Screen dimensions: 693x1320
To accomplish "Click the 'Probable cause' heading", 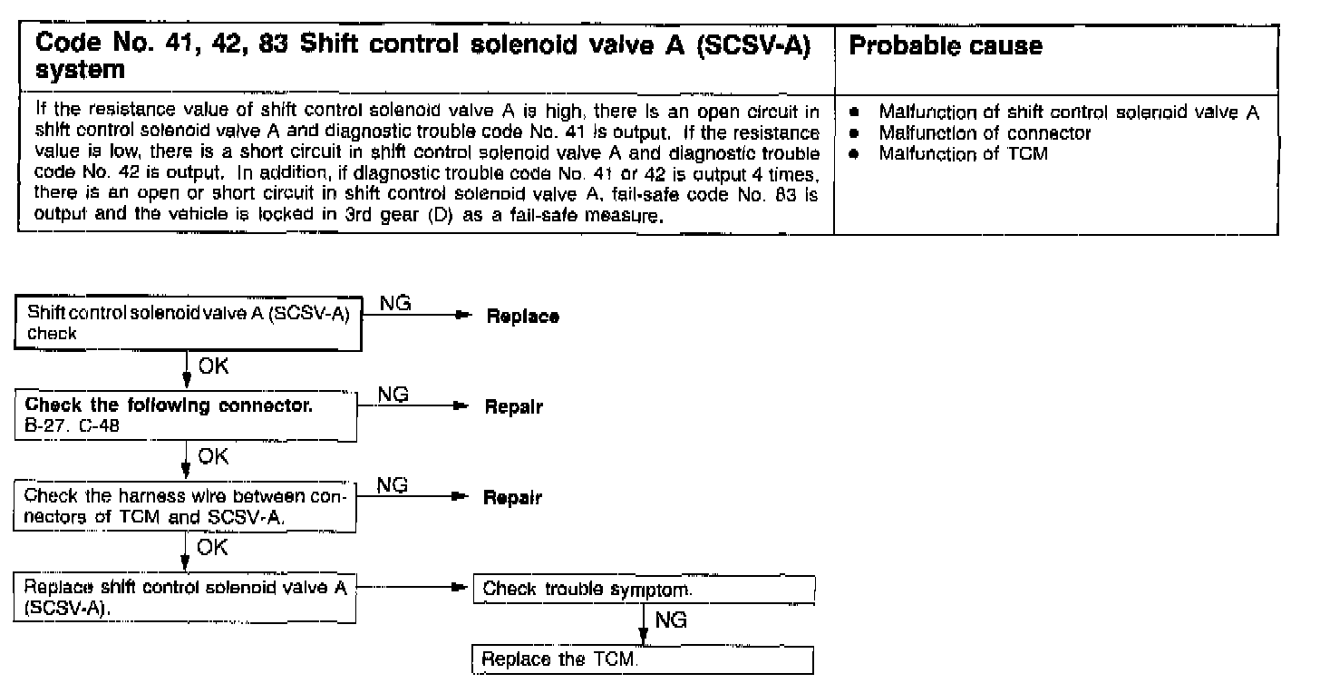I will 946,45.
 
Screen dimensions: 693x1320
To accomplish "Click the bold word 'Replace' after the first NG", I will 523,317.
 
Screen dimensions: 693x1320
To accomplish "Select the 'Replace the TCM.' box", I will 642,659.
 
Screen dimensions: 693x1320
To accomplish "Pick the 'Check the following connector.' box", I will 187,415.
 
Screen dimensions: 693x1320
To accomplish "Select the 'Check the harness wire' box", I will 187,505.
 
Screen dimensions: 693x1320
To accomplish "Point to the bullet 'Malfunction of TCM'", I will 963,153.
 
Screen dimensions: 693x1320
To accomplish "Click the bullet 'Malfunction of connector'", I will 985,133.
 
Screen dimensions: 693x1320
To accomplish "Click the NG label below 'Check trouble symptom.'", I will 670,620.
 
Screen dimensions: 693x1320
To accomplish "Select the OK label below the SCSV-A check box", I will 214,366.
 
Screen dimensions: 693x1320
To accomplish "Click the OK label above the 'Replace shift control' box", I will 214,548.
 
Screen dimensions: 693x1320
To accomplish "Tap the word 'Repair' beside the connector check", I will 514,407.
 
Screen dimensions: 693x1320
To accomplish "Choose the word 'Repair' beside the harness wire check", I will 512,498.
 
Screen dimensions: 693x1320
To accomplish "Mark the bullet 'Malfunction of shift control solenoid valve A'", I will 1069,112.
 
